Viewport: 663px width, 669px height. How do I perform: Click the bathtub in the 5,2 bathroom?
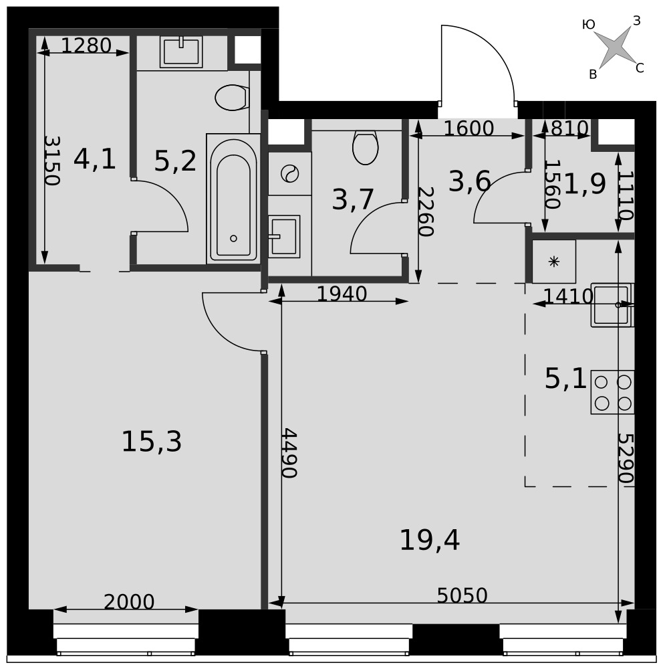pos(233,199)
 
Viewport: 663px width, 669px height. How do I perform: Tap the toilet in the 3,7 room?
pos(366,148)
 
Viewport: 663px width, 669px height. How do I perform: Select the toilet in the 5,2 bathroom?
pos(232,98)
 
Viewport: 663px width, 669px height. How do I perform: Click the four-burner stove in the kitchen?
pos(612,392)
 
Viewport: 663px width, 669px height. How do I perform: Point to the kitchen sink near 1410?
pos(612,305)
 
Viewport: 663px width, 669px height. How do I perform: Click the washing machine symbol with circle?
pos(290,174)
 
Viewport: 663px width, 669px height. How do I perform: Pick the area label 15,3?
pos(152,442)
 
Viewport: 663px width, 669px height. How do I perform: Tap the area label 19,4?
pos(429,540)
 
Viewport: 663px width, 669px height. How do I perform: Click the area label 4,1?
pos(95,159)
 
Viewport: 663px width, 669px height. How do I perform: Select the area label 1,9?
pos(585,185)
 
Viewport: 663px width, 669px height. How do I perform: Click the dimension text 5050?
pos(462,595)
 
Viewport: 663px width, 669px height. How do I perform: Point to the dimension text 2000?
pos(129,602)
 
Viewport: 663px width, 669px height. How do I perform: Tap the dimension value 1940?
pos(342,294)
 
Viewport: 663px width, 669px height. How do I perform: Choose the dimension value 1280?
pos(86,45)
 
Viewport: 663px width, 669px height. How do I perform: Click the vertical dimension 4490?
pos(289,453)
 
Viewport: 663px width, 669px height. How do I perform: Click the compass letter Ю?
pos(588,25)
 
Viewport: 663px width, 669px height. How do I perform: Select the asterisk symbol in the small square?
pos(554,262)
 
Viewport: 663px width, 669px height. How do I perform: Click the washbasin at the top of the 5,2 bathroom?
pos(181,52)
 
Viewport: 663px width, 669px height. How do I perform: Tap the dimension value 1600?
pos(469,128)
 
